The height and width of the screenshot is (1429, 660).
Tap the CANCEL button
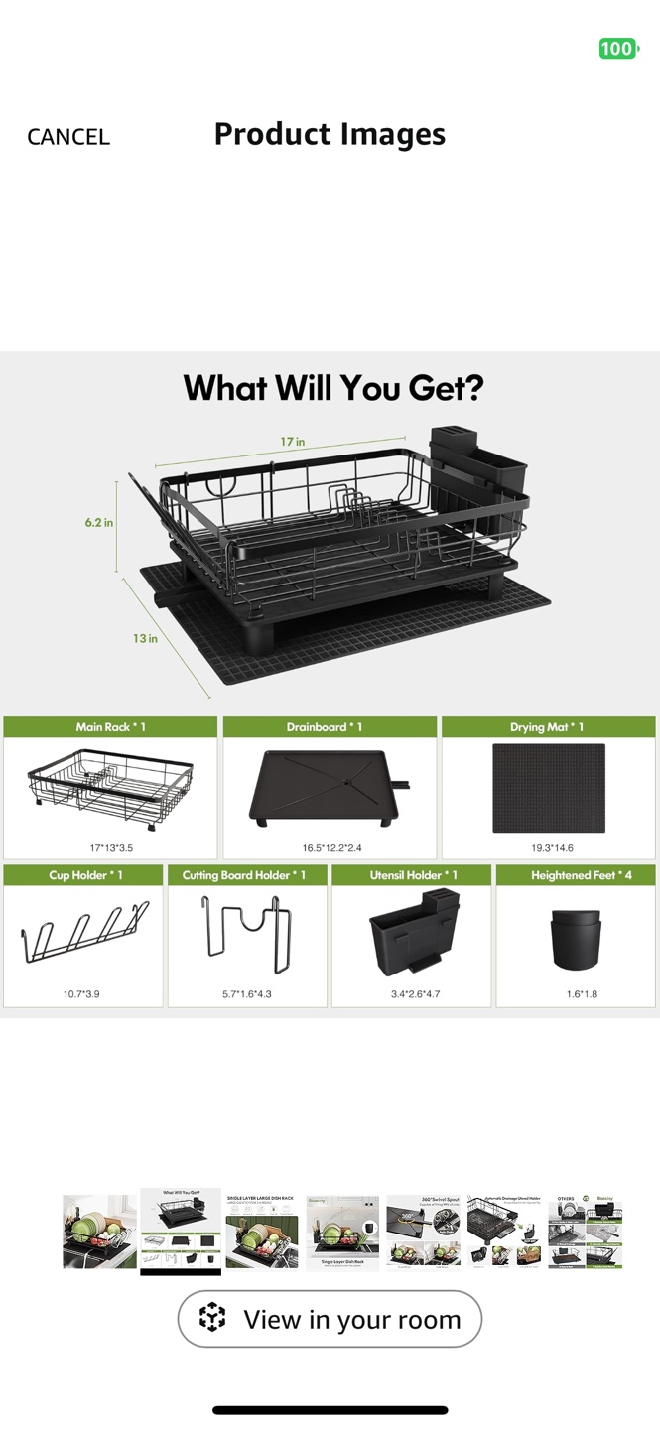pos(67,137)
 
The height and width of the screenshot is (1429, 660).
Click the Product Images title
pos(330,134)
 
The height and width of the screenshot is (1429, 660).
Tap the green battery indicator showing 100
pos(617,49)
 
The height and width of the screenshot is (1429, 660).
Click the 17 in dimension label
pos(292,442)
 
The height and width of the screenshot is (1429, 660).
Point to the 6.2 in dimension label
pos(98,522)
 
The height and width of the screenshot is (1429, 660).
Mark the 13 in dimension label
pos(145,638)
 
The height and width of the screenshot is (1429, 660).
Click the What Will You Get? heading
pos(332,387)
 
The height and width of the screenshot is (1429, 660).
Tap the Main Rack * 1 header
pos(110,727)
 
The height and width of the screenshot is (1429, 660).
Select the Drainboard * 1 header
pos(330,727)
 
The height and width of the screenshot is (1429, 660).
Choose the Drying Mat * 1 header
pos(548,727)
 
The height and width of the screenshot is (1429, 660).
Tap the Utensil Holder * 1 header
pos(413,875)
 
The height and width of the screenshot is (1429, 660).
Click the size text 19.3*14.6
pos(552,848)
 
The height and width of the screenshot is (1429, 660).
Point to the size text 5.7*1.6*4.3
pos(248,993)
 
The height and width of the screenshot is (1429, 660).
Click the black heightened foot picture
pos(575,939)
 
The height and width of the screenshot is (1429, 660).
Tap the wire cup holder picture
pos(85,934)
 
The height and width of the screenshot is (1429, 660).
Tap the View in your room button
pos(330,1319)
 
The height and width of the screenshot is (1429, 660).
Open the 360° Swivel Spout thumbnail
pos(424,1233)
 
